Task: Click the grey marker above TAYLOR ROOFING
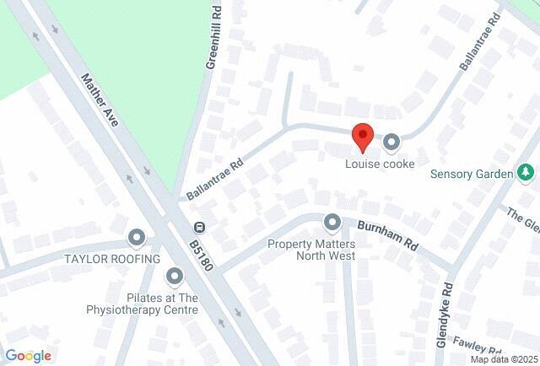137,237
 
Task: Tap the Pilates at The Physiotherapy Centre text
162,304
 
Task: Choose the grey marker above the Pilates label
175,275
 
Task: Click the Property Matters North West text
311,250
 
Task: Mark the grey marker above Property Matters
332,223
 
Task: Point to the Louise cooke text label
380,164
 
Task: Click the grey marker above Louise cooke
391,143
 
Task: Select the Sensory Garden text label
472,175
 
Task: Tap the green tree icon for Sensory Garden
526,173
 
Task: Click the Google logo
28,356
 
